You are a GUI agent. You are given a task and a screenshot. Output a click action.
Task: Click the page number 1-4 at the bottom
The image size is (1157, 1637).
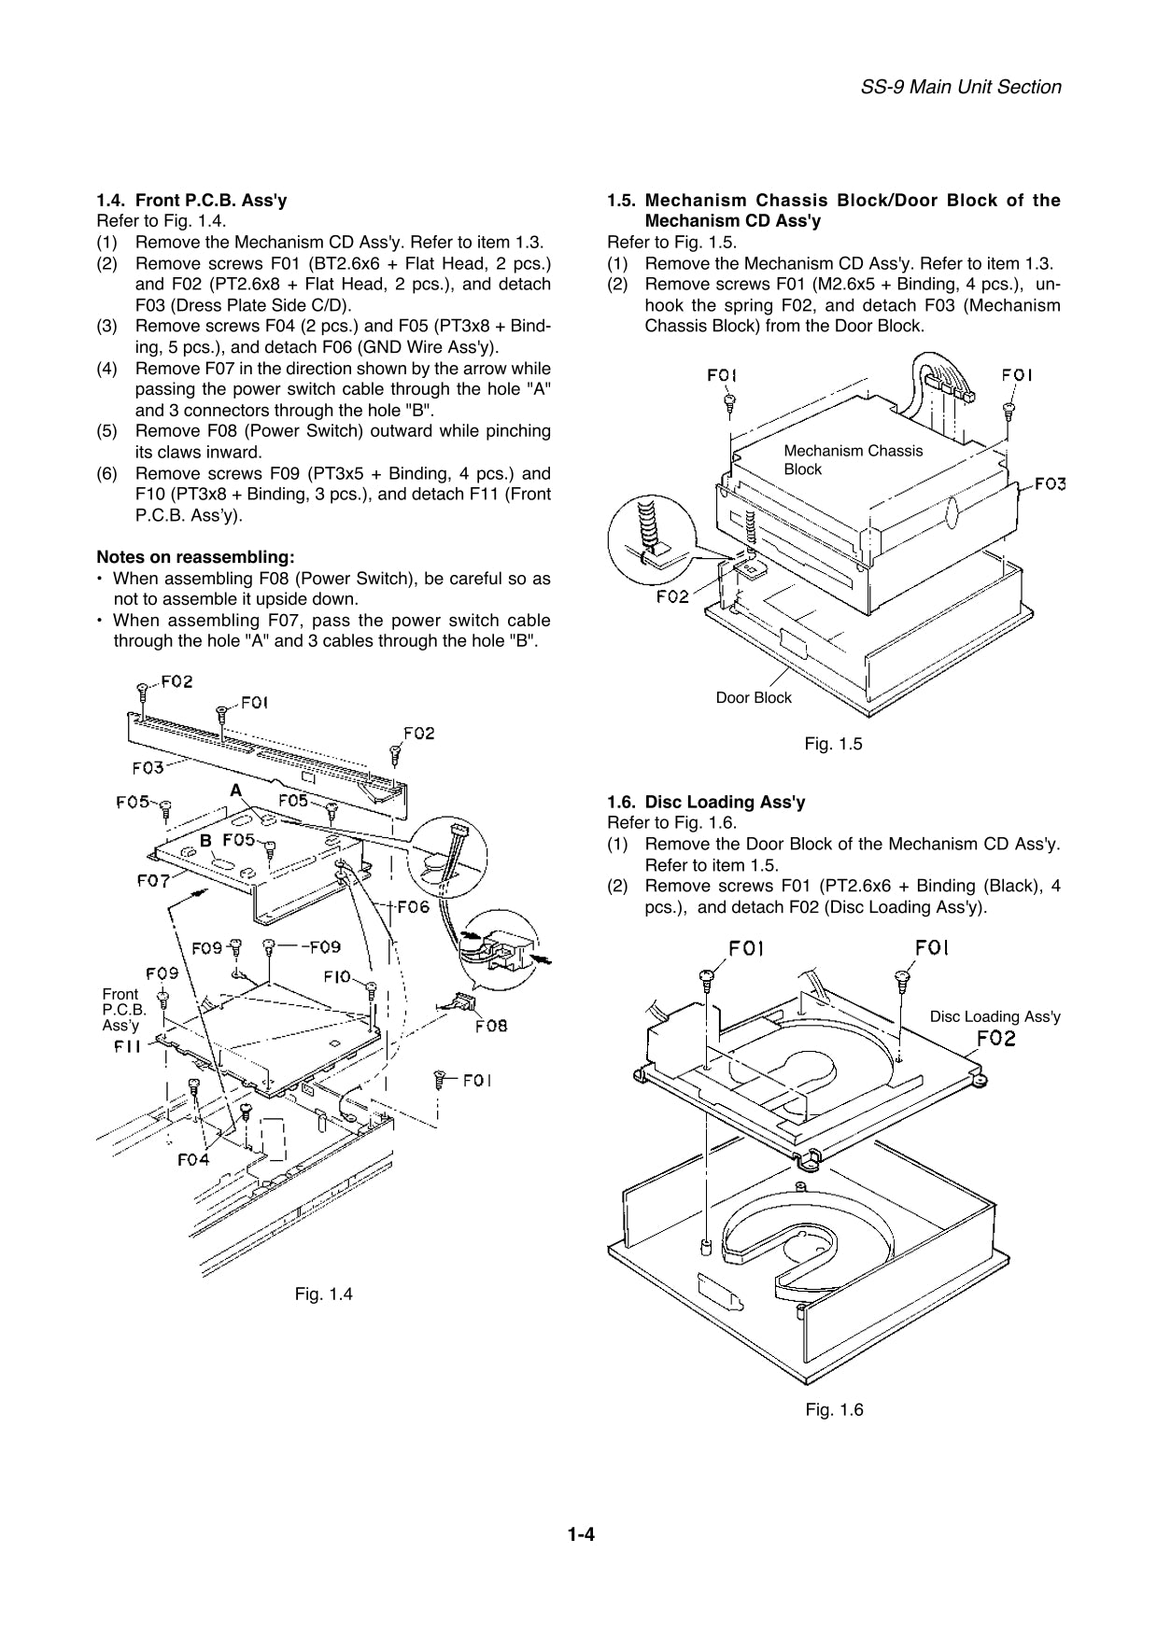click(580, 1534)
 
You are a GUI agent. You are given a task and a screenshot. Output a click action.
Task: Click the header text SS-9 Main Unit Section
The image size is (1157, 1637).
click(960, 87)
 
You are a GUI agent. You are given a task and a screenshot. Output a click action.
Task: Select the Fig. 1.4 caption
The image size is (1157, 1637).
click(323, 1294)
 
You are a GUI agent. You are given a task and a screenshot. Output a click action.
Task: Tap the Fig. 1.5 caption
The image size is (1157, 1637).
click(833, 744)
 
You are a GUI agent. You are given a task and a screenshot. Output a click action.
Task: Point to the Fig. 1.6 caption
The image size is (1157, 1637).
click(834, 1409)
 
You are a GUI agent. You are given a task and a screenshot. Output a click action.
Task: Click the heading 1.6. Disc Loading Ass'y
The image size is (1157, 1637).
click(706, 802)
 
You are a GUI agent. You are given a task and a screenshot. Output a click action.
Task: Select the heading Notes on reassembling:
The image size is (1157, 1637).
click(196, 557)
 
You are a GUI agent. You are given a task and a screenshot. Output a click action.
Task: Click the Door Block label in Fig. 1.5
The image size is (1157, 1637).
click(753, 697)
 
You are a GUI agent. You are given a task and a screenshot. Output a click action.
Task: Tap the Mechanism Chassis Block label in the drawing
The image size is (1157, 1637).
click(853, 460)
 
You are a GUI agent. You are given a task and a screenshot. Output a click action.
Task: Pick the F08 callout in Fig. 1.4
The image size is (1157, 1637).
click(491, 1027)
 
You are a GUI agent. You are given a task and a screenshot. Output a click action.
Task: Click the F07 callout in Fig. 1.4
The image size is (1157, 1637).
click(152, 880)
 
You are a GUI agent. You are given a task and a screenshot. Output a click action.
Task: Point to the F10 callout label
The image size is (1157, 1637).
click(337, 976)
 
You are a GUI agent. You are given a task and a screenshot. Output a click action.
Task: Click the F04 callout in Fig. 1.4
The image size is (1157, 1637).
click(193, 1160)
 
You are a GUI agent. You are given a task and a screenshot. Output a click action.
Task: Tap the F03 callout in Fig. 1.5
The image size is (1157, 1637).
click(1051, 483)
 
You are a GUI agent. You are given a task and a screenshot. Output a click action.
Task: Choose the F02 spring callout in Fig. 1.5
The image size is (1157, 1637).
click(672, 595)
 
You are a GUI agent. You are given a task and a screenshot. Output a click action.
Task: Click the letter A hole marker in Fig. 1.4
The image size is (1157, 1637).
click(236, 791)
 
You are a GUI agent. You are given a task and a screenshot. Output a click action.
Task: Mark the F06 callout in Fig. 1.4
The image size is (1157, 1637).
click(413, 906)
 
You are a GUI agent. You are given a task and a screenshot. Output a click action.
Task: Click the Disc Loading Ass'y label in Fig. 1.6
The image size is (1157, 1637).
click(995, 1016)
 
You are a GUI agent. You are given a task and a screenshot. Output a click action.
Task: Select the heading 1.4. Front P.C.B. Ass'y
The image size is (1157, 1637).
click(192, 200)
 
